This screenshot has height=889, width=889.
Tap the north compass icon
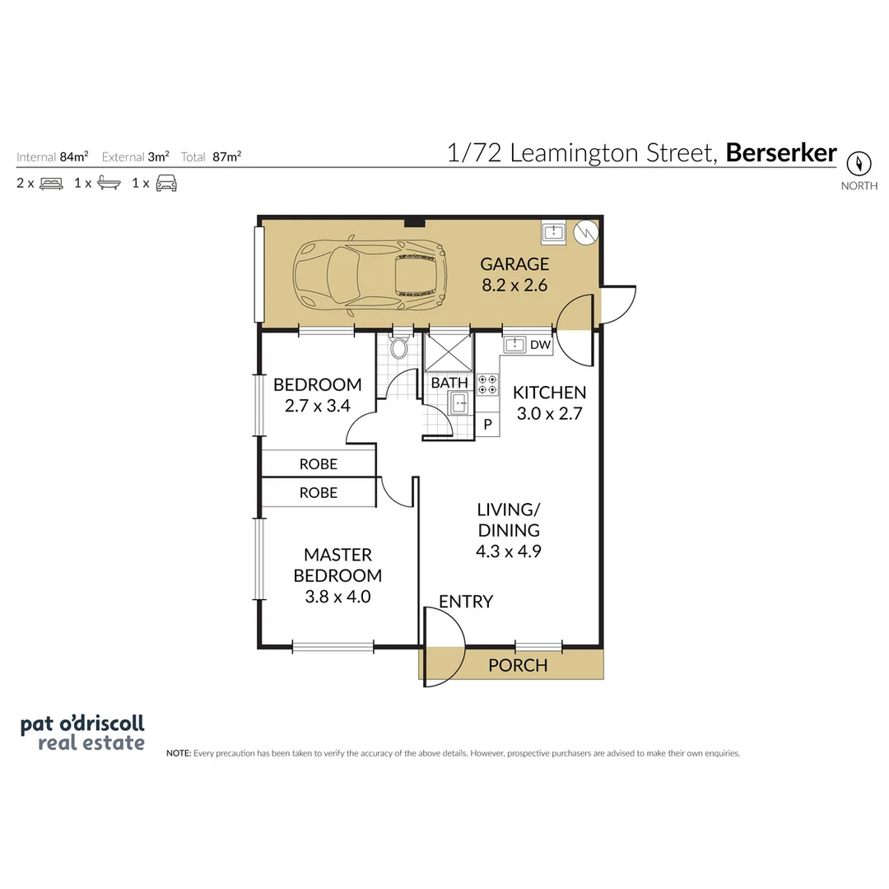[x=859, y=164]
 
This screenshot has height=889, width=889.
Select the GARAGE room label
[x=514, y=264]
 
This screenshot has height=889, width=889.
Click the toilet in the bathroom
[x=399, y=347]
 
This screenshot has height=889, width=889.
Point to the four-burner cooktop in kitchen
[x=487, y=384]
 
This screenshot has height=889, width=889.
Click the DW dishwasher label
[x=540, y=345]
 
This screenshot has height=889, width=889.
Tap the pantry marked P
[x=487, y=424]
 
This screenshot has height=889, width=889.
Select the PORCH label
[x=518, y=665]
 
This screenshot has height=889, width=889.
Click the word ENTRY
[x=465, y=601]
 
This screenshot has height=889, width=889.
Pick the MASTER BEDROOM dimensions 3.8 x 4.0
[x=337, y=597]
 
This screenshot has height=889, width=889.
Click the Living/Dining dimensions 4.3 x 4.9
[x=509, y=551]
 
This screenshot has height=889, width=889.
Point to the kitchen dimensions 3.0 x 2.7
[x=549, y=413]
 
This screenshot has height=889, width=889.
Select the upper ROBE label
[x=318, y=464]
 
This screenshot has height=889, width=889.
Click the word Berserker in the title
[x=780, y=152]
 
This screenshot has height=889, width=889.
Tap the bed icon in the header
[x=51, y=183]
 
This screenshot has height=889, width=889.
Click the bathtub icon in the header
[x=109, y=183]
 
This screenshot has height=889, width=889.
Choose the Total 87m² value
[x=227, y=156]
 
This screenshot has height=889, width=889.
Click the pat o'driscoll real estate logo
[x=82, y=733]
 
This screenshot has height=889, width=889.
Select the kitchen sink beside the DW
[x=514, y=345]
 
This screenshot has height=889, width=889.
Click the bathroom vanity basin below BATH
[x=460, y=403]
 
